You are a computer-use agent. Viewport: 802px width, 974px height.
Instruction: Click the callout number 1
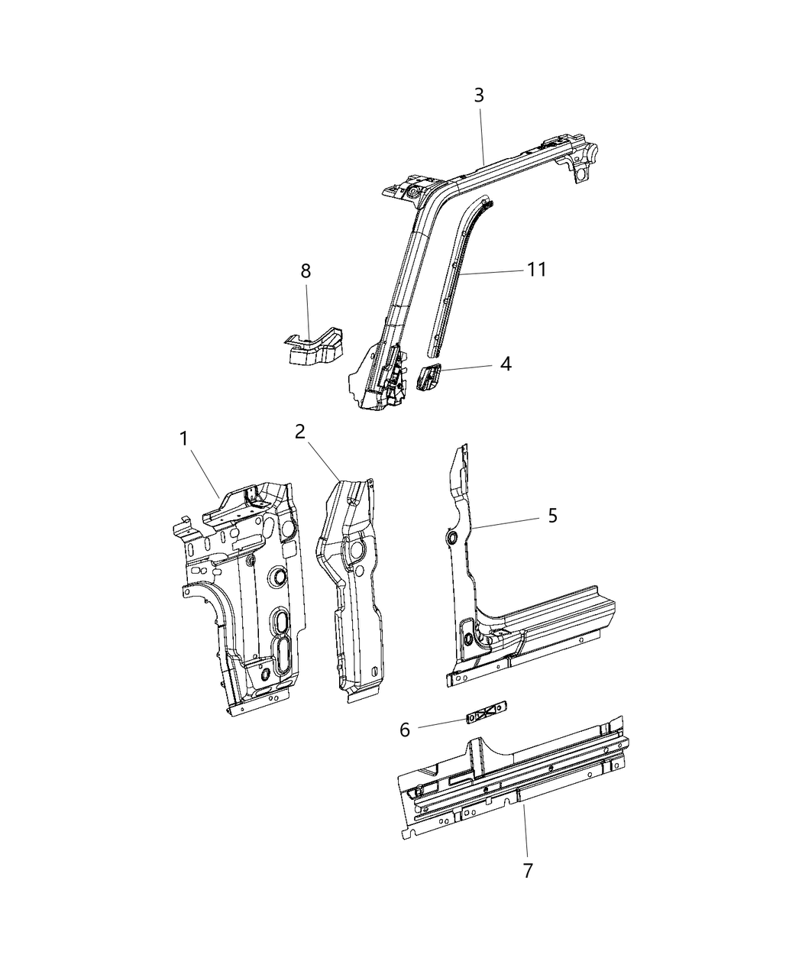pyautogui.click(x=183, y=438)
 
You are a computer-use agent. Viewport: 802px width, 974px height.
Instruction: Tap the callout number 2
pyautogui.click(x=300, y=432)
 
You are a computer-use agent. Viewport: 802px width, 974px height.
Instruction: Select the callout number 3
pyautogui.click(x=479, y=95)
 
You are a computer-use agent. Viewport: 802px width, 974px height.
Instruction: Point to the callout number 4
pyautogui.click(x=505, y=364)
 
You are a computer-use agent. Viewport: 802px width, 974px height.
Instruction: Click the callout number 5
pyautogui.click(x=552, y=516)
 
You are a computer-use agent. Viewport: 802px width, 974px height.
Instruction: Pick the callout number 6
pyautogui.click(x=405, y=730)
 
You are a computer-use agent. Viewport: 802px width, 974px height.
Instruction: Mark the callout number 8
pyautogui.click(x=306, y=270)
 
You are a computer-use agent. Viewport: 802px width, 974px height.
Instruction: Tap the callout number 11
pyautogui.click(x=536, y=270)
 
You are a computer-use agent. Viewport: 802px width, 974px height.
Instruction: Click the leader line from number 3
pyautogui.click(x=482, y=134)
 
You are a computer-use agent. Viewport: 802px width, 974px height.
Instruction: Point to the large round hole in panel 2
pyautogui.click(x=356, y=552)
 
